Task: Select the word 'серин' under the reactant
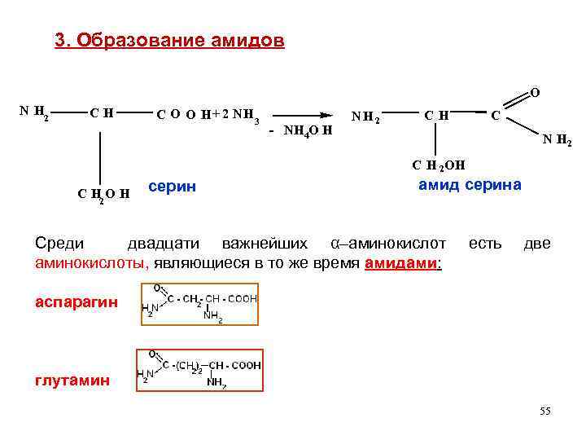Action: click(173, 187)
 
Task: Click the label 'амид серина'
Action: click(470, 185)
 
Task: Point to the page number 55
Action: click(544, 411)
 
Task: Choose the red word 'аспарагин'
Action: click(77, 302)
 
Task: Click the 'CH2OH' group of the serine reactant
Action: click(103, 194)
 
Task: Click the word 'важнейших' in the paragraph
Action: click(264, 244)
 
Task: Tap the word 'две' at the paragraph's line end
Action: click(536, 244)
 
